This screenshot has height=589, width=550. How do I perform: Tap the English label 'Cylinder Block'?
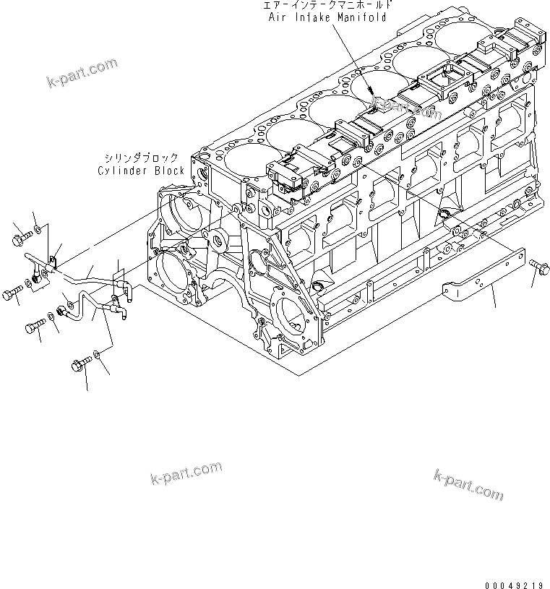pyautogui.click(x=140, y=171)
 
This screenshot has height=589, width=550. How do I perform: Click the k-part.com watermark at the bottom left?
pyautogui.click(x=186, y=473)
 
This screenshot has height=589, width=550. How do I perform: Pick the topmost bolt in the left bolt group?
pyautogui.click(x=22, y=235)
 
